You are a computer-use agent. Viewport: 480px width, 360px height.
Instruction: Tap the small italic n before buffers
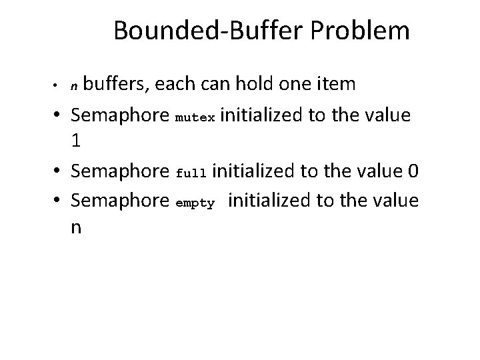click(x=75, y=86)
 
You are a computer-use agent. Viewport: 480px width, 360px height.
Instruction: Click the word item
click(x=337, y=84)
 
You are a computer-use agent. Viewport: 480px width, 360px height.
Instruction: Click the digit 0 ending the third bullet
click(x=413, y=171)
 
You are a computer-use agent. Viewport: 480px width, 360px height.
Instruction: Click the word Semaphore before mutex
click(x=119, y=115)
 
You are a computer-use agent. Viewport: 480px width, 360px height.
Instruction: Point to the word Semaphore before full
click(x=119, y=171)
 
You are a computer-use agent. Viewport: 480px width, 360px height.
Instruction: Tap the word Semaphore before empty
click(x=119, y=200)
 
